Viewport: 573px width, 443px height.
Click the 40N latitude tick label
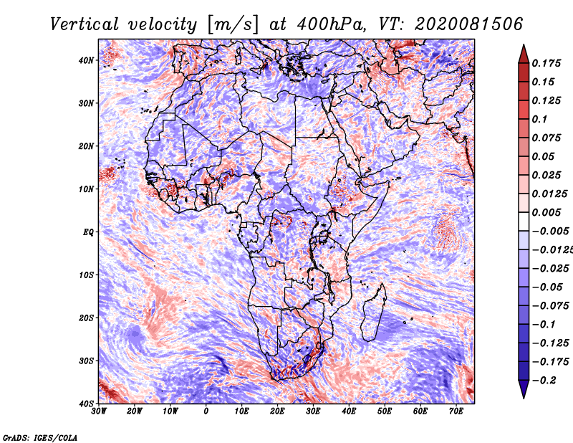tap(86, 60)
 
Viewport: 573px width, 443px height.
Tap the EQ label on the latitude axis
tap(88, 232)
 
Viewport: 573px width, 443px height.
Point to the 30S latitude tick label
tap(86, 361)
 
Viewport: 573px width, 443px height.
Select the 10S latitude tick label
tap(86, 275)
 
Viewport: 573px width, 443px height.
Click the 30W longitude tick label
tap(99, 411)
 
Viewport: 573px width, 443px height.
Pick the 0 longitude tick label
tap(206, 411)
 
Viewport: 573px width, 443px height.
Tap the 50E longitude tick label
tap(385, 411)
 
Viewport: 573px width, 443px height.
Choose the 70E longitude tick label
tap(456, 411)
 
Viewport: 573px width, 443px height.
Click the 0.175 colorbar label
tap(546, 63)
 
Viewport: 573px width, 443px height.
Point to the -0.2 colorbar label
tap(544, 381)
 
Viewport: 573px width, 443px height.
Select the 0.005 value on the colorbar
tap(546, 212)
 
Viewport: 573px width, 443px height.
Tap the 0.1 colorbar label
tap(539, 119)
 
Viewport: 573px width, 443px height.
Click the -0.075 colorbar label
tap(551, 306)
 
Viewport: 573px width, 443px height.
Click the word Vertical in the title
tap(85, 24)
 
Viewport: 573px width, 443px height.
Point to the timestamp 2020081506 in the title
tap(468, 24)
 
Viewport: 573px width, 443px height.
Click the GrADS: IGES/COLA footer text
tap(40, 437)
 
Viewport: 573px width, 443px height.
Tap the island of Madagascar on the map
tap(374, 313)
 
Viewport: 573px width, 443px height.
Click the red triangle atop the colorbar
tap(524, 54)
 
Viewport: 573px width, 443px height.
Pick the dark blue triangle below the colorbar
tap(524, 389)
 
